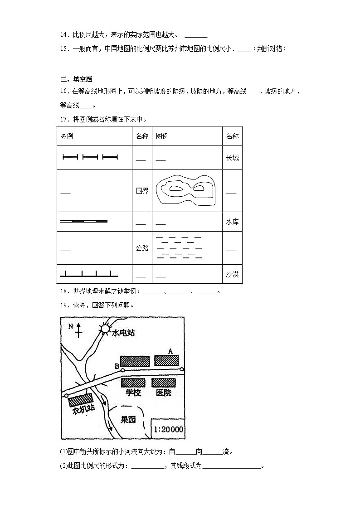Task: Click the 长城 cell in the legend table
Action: [x=232, y=158]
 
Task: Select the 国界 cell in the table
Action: [x=142, y=191]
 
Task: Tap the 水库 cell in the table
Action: [x=232, y=222]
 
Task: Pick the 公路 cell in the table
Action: [x=142, y=248]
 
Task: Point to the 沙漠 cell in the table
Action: [x=232, y=274]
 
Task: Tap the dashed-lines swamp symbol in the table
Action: [x=179, y=247]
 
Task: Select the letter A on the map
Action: [x=170, y=351]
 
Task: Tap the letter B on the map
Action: [x=117, y=366]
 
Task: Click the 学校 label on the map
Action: [x=133, y=393]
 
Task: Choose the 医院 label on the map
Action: [x=164, y=393]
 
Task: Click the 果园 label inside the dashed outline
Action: [x=128, y=419]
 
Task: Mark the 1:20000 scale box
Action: [x=168, y=429]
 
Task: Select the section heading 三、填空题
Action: [x=73, y=79]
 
